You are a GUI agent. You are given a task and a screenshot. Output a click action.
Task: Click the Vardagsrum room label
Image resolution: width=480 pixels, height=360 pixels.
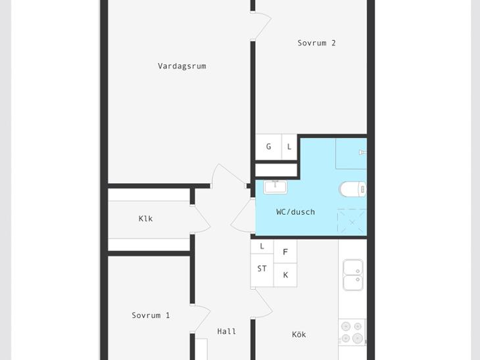[x=182, y=66]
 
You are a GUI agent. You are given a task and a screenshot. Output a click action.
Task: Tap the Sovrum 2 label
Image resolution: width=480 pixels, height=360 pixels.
[x=316, y=43]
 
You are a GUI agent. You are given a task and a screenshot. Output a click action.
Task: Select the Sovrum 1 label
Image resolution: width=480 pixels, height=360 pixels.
[x=151, y=315]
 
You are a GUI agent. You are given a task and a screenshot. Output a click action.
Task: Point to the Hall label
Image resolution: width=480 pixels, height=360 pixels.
[x=227, y=331]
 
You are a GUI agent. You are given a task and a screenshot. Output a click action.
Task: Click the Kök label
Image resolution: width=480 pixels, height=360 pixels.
[x=299, y=334]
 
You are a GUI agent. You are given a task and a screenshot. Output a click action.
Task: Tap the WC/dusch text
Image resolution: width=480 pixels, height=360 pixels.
[x=295, y=212]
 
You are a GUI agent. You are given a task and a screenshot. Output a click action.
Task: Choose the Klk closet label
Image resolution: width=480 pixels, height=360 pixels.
[x=145, y=219]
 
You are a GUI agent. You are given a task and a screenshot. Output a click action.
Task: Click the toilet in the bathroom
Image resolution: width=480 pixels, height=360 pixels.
[x=352, y=189]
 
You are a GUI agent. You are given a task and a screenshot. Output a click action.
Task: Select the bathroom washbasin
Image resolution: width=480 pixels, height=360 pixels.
[x=276, y=187]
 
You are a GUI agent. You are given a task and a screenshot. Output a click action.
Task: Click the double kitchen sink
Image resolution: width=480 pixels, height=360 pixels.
[x=353, y=275]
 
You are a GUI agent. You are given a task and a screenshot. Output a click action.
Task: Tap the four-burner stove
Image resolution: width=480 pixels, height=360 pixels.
[x=352, y=332]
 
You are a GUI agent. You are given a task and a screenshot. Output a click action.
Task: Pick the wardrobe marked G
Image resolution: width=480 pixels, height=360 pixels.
[x=268, y=146]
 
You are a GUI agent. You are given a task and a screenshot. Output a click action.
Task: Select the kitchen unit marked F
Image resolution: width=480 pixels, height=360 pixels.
[x=285, y=252]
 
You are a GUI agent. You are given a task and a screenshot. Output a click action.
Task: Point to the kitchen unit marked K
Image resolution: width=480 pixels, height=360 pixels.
[x=285, y=275]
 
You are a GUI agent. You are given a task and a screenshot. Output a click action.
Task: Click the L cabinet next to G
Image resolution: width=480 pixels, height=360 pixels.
[x=289, y=146]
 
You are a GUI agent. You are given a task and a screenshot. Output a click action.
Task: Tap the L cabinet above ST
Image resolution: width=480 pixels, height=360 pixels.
[x=262, y=246]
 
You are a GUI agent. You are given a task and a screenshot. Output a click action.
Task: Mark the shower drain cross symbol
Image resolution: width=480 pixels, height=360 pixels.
[x=352, y=222]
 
